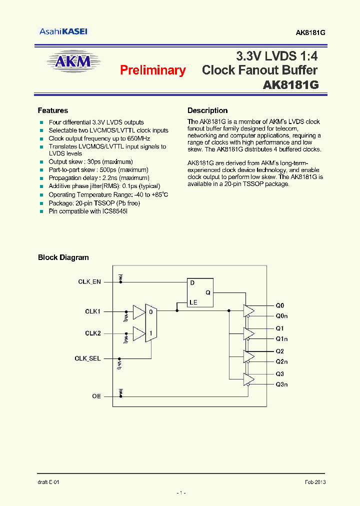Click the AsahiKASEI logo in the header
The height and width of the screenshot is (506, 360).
tap(63, 31)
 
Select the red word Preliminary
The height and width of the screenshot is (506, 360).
tap(152, 70)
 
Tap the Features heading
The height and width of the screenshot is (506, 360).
tap(52, 110)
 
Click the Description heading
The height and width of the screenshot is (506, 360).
tap(207, 110)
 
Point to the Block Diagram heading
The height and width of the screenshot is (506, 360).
tap(63, 257)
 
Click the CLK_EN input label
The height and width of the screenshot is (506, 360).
tap(89, 282)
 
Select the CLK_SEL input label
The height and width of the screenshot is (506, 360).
tap(88, 358)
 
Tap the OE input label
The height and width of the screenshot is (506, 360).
tap(96, 396)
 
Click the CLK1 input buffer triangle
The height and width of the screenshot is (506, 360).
tap(138, 312)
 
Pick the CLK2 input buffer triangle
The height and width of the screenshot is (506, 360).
tap(138, 333)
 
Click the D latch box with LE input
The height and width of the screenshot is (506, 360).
tap(199, 292)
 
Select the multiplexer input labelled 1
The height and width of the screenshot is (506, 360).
tap(151, 333)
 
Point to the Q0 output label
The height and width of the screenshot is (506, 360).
tap(279, 305)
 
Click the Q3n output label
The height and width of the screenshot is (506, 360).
tap(281, 384)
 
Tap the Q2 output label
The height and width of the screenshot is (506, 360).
tap(279, 351)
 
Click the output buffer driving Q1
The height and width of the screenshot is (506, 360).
tap(248, 333)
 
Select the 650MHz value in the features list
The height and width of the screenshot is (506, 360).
tap(138, 138)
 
